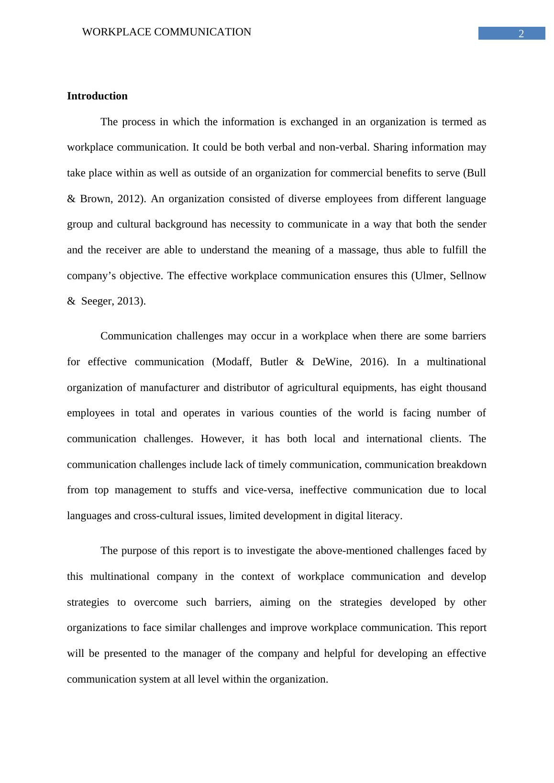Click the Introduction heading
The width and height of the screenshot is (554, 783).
tap(97, 96)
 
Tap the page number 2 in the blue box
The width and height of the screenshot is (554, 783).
tap(521, 34)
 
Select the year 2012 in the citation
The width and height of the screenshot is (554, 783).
tap(131, 199)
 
